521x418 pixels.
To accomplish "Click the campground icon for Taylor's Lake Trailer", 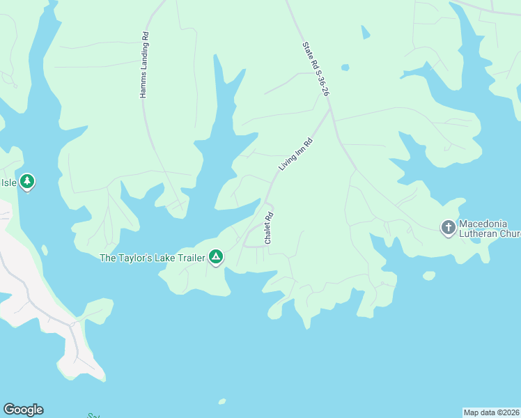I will pos(216,258).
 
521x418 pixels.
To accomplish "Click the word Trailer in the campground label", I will pos(191,258).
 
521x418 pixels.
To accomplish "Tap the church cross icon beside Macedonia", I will pos(448,227).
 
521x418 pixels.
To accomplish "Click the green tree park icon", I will pos(26,183).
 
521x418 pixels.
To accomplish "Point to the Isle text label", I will pos(8,183).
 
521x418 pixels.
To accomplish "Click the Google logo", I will pos(23,410).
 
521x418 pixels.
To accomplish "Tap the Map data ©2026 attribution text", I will pos(491,412).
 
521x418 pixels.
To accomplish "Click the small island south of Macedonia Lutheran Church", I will pos(429,276).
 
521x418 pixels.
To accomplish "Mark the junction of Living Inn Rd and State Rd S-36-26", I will pos(329,108).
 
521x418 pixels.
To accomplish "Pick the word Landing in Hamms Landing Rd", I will pos(143,69).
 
